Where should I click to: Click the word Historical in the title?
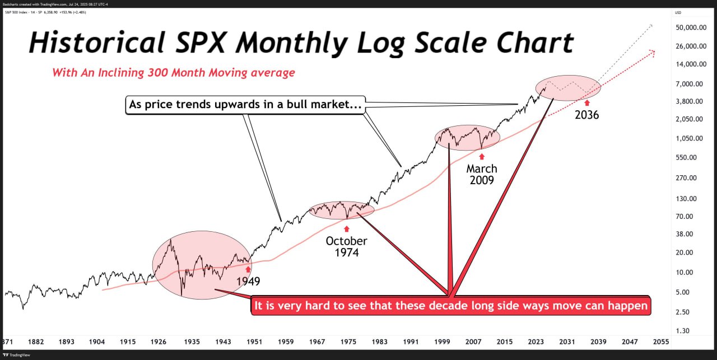coord(96,43)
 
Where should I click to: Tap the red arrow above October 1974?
coord(346,228)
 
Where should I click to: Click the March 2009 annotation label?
coord(482,174)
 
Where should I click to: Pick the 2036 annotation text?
coord(586,115)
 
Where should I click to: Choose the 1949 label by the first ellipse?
coord(248,281)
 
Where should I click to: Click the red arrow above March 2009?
coord(482,155)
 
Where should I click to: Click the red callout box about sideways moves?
coord(450,306)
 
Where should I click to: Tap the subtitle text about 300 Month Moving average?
coord(174,73)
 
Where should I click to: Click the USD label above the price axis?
coord(678,12)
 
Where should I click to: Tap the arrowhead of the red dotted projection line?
coord(652,52)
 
